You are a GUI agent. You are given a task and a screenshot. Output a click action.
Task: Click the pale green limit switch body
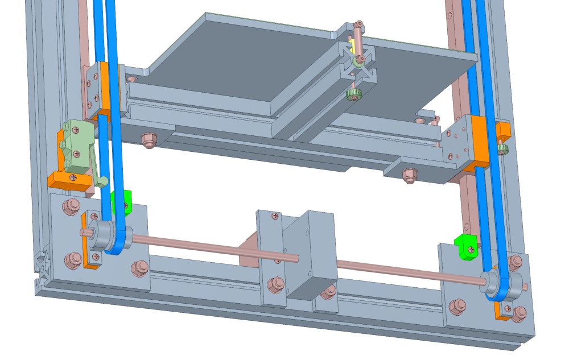(75, 146)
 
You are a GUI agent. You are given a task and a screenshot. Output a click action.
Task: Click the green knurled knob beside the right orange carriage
(502, 150)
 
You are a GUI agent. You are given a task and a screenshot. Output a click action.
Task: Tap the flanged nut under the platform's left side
(149, 139)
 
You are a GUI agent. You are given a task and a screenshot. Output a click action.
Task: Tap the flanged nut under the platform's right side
(408, 176)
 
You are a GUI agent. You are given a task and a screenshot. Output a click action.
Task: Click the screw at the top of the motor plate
(275, 216)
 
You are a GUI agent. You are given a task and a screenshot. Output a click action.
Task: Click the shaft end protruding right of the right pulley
(525, 286)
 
